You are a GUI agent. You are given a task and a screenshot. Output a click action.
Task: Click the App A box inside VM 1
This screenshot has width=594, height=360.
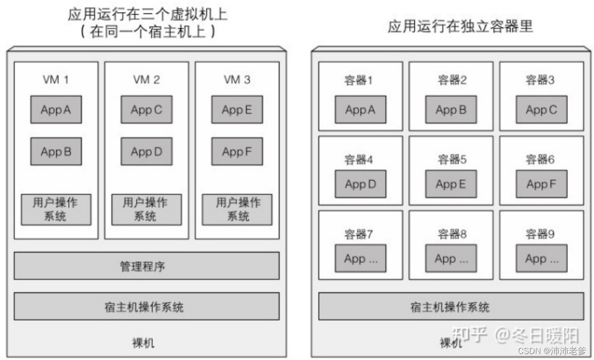pos(56,109)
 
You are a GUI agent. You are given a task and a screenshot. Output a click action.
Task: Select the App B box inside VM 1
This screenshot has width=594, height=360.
pos(56,151)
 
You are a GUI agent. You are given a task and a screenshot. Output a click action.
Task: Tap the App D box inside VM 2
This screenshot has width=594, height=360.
pos(146,151)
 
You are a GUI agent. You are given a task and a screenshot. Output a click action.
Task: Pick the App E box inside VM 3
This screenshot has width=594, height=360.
pos(237,109)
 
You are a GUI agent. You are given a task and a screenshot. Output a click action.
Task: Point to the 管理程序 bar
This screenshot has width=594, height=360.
pos(146,265)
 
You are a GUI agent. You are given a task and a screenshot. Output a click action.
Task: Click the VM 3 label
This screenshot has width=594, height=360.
pos(237,79)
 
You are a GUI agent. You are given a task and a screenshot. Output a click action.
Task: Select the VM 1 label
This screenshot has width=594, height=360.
pos(56,79)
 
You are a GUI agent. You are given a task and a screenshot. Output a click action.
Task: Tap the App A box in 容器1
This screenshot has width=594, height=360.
pos(360,109)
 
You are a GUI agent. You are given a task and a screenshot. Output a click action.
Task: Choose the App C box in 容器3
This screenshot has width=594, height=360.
pos(541,109)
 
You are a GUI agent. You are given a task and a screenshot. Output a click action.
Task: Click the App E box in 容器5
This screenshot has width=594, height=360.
pos(450,184)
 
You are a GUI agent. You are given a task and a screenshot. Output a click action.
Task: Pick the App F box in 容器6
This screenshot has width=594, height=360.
pos(541,184)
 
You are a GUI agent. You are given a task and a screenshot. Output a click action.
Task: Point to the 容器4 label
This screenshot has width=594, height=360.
pos(358,160)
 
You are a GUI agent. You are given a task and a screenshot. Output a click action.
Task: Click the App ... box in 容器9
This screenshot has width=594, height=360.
pos(541,258)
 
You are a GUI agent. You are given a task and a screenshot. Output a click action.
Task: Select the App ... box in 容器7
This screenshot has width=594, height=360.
pos(360,258)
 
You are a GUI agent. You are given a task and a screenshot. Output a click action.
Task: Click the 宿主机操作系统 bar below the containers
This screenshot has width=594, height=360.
pos(450,306)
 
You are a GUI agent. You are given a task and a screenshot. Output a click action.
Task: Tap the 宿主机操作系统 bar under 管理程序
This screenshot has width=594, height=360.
pos(146,306)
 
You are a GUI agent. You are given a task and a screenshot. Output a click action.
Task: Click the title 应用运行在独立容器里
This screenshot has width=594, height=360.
pos(460,26)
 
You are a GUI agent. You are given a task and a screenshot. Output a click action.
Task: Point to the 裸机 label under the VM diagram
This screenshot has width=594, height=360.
pos(144,343)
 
